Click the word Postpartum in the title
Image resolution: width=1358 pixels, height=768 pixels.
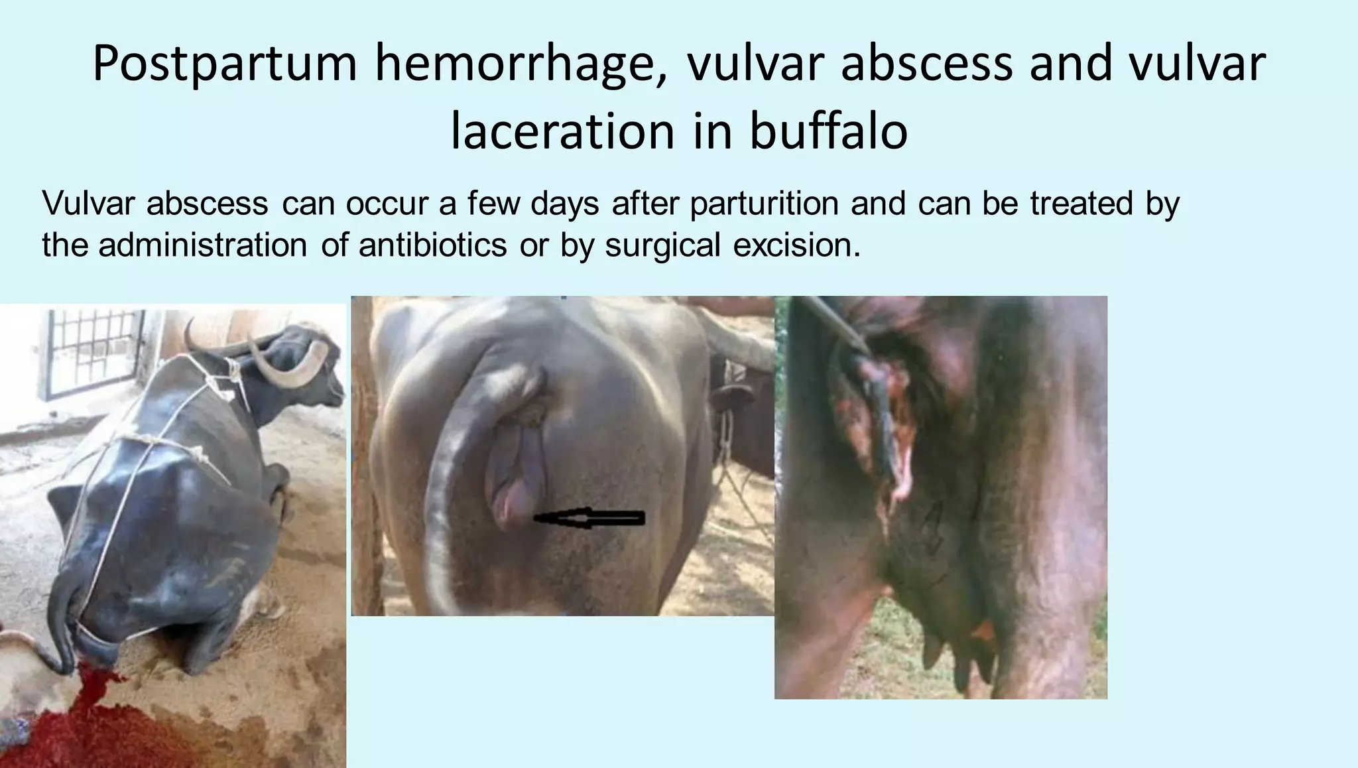click(x=225, y=64)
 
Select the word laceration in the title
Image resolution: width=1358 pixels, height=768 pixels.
click(x=562, y=131)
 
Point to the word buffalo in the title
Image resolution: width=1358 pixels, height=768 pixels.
click(x=828, y=131)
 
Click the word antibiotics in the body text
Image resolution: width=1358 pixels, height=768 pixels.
click(x=433, y=245)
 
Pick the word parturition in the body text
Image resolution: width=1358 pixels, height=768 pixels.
click(x=765, y=203)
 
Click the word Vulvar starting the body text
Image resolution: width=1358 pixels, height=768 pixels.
click(x=88, y=203)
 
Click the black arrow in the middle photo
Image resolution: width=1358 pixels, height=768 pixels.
click(x=589, y=518)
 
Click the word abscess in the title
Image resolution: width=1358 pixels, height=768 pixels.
click(x=927, y=64)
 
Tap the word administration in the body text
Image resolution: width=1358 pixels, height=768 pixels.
click(x=203, y=245)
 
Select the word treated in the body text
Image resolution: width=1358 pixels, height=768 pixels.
click(x=1081, y=203)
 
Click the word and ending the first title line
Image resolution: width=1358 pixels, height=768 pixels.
click(x=1070, y=64)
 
